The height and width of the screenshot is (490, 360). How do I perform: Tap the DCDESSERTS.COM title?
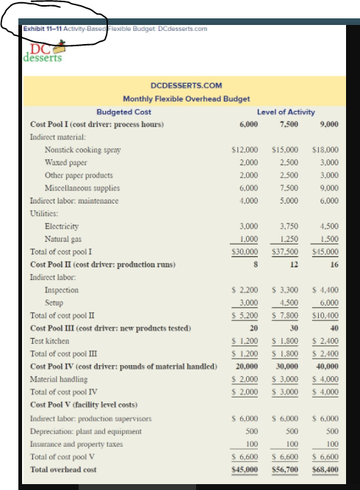(x=186, y=86)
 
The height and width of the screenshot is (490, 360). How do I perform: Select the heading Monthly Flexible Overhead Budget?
(x=186, y=98)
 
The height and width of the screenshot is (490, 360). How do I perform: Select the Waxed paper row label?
(x=65, y=162)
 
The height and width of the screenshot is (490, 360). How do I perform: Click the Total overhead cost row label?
(x=63, y=469)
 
